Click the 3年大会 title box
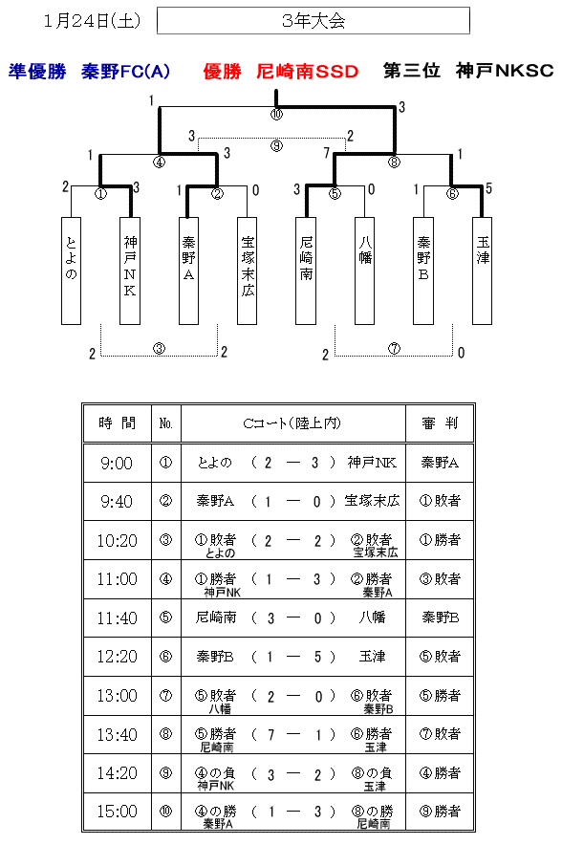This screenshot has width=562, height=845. pyautogui.click(x=313, y=20)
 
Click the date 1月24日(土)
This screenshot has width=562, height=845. pyautogui.click(x=92, y=20)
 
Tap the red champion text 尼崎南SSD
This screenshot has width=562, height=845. pyautogui.click(x=307, y=71)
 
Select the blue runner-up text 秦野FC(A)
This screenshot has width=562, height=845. pyautogui.click(x=125, y=71)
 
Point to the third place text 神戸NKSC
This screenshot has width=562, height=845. pyautogui.click(x=505, y=71)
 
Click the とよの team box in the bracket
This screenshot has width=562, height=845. pyautogui.click(x=71, y=271)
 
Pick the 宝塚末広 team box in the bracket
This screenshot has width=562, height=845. pyautogui.click(x=247, y=271)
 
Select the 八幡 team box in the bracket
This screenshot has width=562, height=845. pyautogui.click(x=364, y=271)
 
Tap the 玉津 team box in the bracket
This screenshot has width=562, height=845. pyautogui.click(x=482, y=271)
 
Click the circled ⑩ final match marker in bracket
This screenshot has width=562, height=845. pyautogui.click(x=276, y=114)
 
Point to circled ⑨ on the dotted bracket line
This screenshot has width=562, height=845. pyautogui.click(x=276, y=145)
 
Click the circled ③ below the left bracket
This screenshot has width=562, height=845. pyautogui.click(x=159, y=349)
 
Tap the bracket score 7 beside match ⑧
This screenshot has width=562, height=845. pyautogui.click(x=327, y=154)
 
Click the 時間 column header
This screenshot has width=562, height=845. pyautogui.click(x=117, y=423)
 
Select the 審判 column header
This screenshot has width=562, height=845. pyautogui.click(x=440, y=423)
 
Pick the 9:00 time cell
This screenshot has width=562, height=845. pyautogui.click(x=117, y=463)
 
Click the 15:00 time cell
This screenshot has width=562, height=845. pyautogui.click(x=117, y=811)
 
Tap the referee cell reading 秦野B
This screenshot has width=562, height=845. pyautogui.click(x=440, y=617)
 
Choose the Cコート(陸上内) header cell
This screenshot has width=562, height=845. pyautogui.click(x=292, y=423)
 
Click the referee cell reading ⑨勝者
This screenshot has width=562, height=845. pyautogui.click(x=440, y=811)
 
